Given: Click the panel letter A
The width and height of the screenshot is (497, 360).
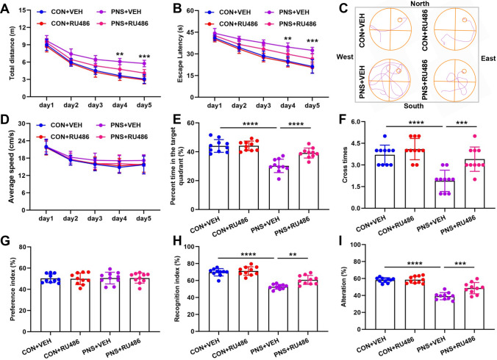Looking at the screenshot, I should [x=7, y=7].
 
